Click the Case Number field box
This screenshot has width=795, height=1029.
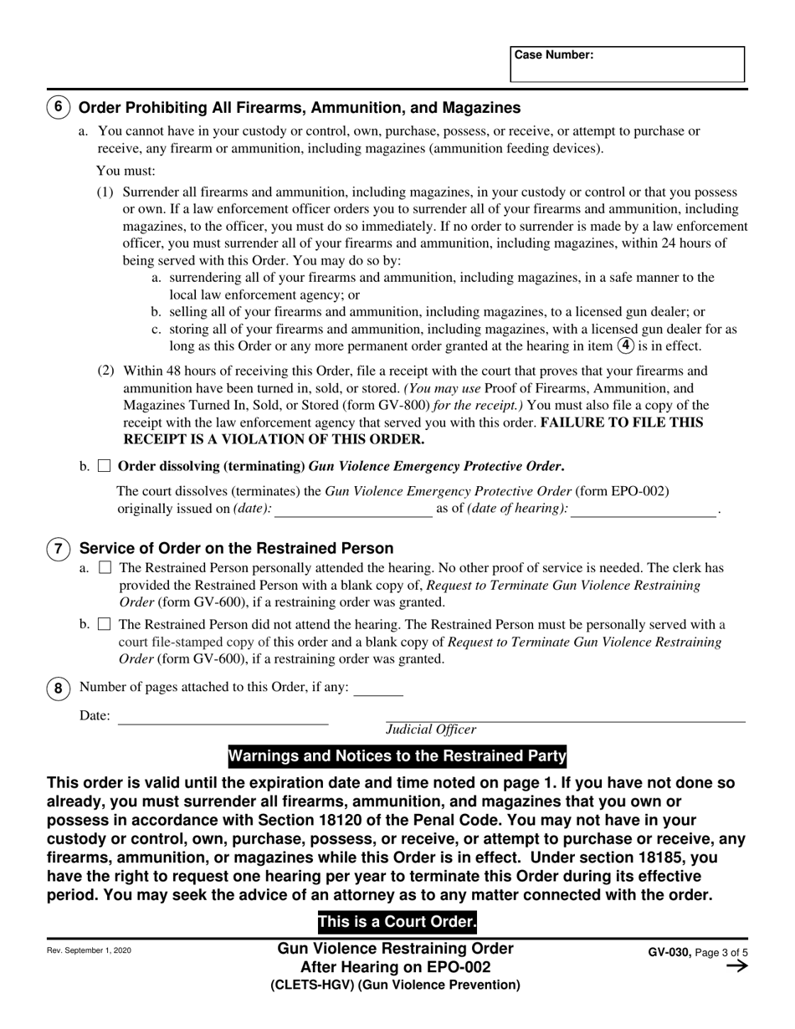pos(627,64)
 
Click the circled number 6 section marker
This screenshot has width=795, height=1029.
pos(58,108)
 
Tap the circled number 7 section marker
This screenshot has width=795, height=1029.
pos(58,550)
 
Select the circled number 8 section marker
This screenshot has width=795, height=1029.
pos(58,688)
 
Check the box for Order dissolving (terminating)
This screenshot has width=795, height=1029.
pos(104,466)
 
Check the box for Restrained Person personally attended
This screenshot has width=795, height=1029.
pos(104,568)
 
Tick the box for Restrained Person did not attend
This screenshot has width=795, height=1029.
pos(104,624)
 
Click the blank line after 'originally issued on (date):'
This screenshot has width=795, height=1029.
pos(353,510)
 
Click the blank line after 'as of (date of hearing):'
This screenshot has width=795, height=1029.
pos(643,510)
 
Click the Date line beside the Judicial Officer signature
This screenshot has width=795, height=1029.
pos(223,717)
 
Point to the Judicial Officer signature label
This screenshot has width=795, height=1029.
pos(431,730)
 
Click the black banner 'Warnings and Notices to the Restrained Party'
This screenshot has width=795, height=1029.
pos(397,757)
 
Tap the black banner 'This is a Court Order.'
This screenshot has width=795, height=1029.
pos(397,923)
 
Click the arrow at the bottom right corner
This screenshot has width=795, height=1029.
pos(736,967)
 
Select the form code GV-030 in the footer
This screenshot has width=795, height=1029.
pos(669,952)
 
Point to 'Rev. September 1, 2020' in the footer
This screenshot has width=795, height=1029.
pos(89,951)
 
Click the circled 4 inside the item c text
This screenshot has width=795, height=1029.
pos(625,346)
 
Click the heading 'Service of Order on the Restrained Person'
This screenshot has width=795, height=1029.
pos(236,549)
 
